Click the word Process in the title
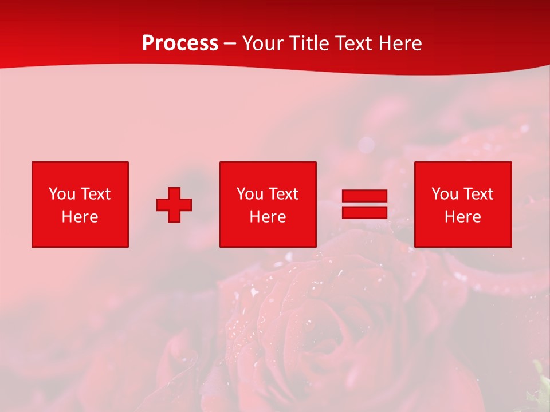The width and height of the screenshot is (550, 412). click(x=180, y=43)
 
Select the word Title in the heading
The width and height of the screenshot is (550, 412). click(x=311, y=43)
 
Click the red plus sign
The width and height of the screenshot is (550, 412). click(x=174, y=205)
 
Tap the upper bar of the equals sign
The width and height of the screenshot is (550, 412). click(x=364, y=196)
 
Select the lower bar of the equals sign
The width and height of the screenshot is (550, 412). click(x=364, y=212)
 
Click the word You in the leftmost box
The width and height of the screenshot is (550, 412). click(x=62, y=194)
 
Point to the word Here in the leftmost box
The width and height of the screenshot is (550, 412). click(x=80, y=217)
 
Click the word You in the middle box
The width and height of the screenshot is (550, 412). click(x=250, y=194)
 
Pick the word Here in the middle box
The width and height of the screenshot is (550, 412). click(x=268, y=217)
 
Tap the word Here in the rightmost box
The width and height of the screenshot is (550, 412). click(x=462, y=217)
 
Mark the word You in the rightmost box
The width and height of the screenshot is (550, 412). click(x=445, y=194)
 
